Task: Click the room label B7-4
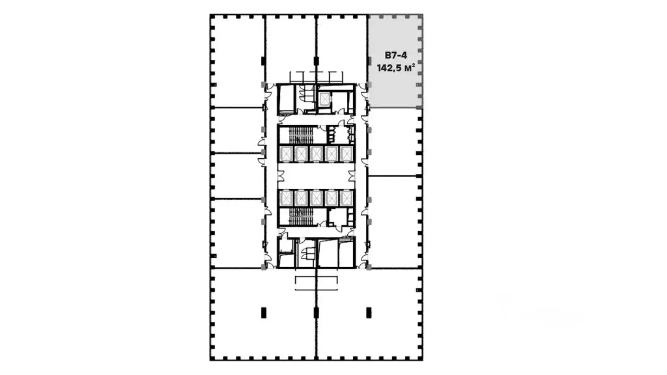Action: click(395, 55)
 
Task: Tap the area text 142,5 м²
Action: click(395, 68)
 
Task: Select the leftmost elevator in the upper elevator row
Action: click(286, 154)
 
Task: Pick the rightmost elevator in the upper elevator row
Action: click(347, 154)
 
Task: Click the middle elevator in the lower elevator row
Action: click(316, 198)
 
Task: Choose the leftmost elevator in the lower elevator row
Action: click(286, 198)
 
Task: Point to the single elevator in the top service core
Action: click(325, 99)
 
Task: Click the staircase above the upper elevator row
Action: click(301, 135)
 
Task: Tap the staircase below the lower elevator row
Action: click(301, 216)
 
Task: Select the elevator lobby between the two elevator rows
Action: click(316, 176)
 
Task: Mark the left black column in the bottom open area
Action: click(264, 313)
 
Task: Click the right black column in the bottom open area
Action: click(369, 313)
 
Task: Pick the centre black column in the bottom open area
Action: click(316, 313)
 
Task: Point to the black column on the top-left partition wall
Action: click(264, 61)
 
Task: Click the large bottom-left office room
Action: click(263, 314)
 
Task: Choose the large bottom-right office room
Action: click(369, 314)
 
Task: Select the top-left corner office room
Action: click(238, 61)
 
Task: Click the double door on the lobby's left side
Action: click(280, 176)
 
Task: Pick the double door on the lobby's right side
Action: click(352, 176)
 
